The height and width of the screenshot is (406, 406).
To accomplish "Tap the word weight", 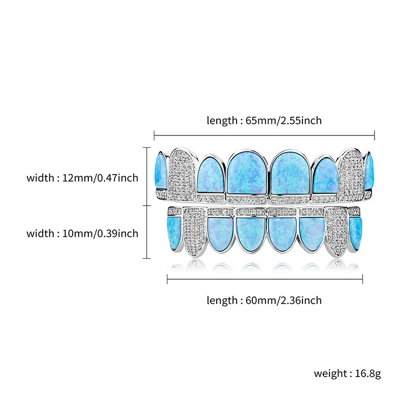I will [329, 374].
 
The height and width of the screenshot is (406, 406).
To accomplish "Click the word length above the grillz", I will [222, 121].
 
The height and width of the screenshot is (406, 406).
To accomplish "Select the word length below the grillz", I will [222, 300].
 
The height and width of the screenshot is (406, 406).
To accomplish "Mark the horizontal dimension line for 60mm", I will [264, 279].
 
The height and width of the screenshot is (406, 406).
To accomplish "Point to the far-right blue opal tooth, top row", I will [369, 170].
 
